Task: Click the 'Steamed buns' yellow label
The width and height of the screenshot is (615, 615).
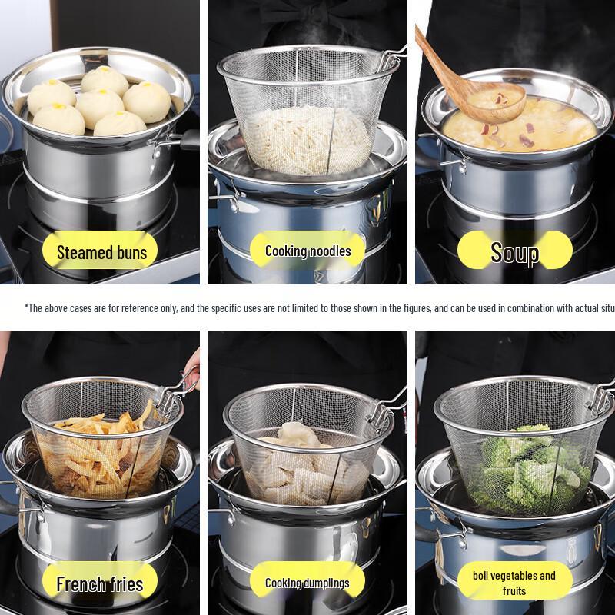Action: tap(101, 252)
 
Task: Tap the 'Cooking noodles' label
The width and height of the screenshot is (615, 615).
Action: tap(307, 251)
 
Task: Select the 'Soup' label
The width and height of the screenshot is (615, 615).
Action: tap(514, 252)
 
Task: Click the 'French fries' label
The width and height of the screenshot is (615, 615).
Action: tap(100, 583)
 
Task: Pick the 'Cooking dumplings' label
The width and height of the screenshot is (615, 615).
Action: tap(307, 583)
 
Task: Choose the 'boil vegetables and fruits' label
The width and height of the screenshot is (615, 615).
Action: tap(514, 583)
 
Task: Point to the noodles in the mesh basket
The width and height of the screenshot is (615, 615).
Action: tap(307, 138)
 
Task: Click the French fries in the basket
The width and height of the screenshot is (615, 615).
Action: tap(100, 454)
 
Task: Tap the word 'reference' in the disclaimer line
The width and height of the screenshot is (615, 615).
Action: tap(143, 308)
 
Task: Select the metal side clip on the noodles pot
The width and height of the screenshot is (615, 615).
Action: tap(224, 201)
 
